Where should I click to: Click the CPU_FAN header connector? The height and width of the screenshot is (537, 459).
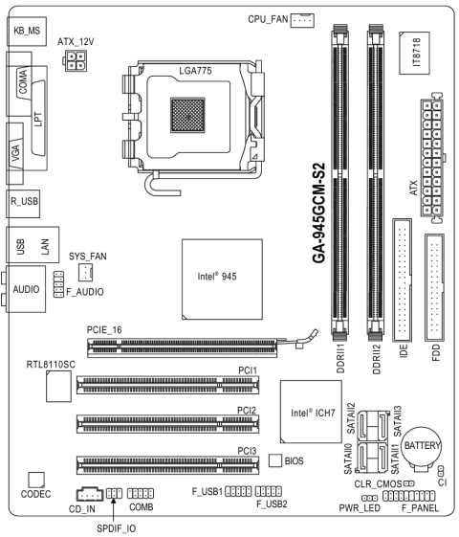click(302, 20)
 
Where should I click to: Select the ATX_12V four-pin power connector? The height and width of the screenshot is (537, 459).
click(76, 60)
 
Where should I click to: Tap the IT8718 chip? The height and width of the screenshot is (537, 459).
click(414, 53)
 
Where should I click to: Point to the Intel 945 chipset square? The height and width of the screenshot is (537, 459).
click(222, 280)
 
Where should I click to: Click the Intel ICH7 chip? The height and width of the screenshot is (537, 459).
click(311, 412)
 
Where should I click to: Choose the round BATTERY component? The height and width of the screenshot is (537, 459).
click(421, 448)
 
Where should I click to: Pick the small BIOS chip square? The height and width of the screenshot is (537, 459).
click(275, 460)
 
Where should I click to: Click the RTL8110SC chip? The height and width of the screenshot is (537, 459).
click(59, 386)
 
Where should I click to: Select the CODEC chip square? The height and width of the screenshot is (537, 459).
click(36, 480)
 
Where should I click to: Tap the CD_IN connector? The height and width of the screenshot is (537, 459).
click(90, 494)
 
